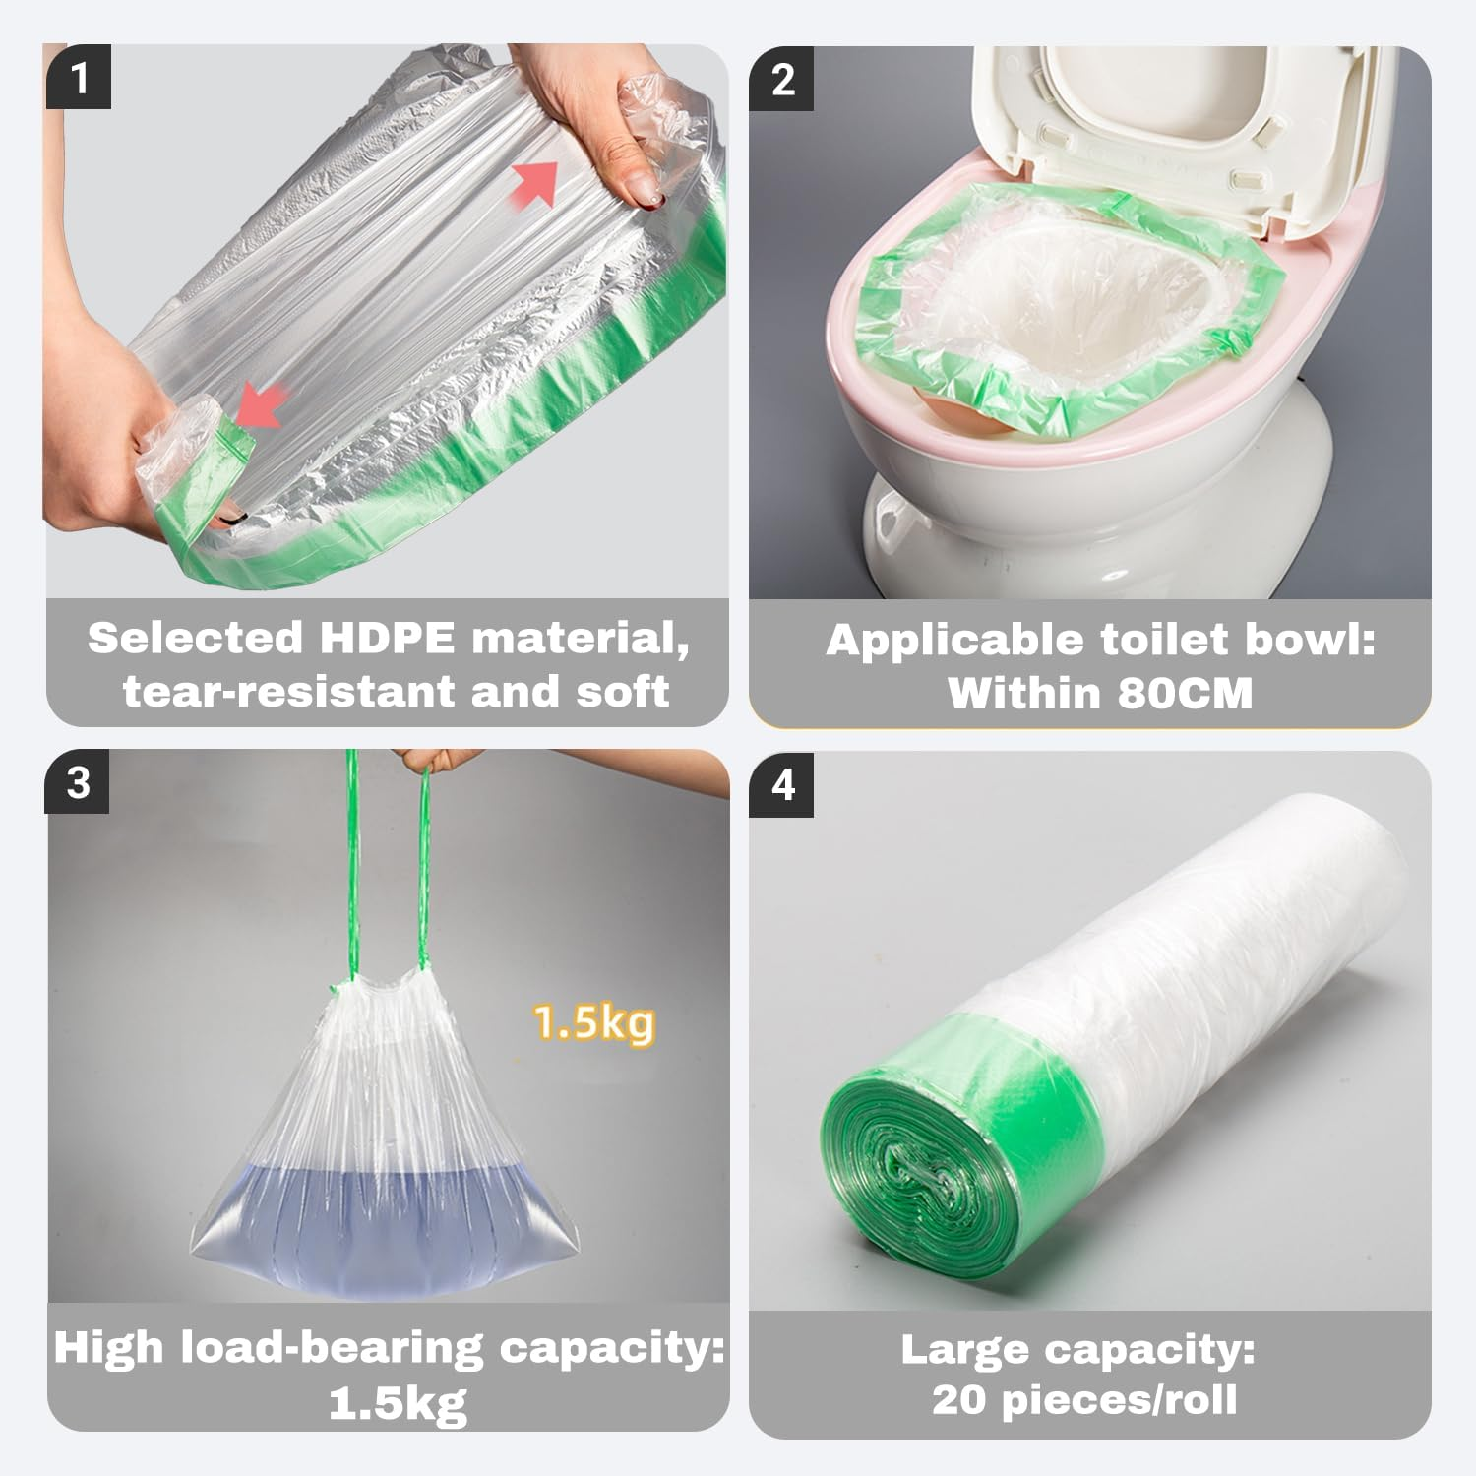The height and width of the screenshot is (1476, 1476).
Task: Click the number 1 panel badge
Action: (x=79, y=77)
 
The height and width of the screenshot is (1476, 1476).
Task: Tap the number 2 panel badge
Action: (x=782, y=79)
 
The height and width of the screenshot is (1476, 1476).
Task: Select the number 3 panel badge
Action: (x=79, y=782)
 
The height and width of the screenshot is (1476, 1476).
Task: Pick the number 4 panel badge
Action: (x=782, y=784)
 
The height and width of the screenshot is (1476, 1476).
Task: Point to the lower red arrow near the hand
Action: (x=259, y=406)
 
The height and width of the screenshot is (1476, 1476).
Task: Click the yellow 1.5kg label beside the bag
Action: (x=593, y=1023)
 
